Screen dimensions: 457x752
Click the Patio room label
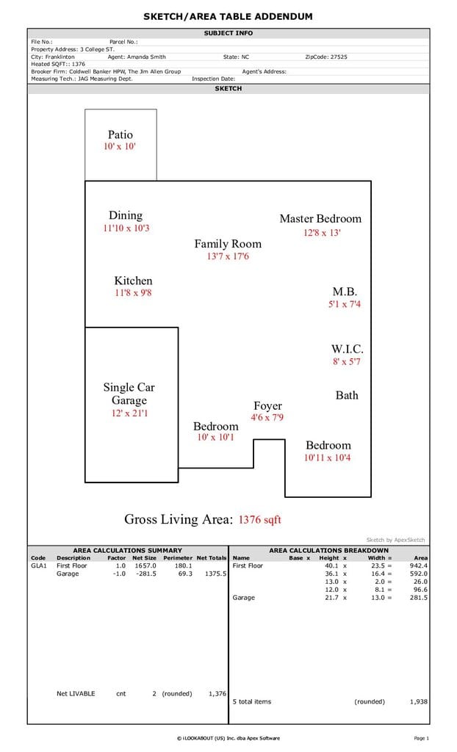pos(120,135)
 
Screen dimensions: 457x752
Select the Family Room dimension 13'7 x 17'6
pos(228,256)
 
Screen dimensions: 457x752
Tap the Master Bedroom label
pos(320,219)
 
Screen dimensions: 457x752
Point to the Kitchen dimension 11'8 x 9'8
pos(133,292)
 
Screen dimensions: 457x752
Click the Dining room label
pos(126,215)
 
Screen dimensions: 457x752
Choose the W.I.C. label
pos(347,349)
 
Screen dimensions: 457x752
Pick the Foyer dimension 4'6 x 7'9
pos(267,417)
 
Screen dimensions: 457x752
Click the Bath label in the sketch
pos(347,395)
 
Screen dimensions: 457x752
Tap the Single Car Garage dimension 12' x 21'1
pos(129,413)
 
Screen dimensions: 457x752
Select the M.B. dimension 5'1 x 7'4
pos(344,304)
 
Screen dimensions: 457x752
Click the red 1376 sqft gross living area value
pos(259,519)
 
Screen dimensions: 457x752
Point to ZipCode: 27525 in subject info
pos(326,57)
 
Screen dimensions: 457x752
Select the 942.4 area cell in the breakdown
pos(419,566)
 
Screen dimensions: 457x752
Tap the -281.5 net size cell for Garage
pos(146,574)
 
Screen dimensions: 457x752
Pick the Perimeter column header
pos(178,558)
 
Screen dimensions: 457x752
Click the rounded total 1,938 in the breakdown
pos(419,701)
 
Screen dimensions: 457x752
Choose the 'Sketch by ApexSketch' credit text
pos(395,540)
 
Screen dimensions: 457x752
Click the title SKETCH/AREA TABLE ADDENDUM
pos(228,16)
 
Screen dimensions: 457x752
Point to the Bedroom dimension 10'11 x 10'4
pos(328,458)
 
